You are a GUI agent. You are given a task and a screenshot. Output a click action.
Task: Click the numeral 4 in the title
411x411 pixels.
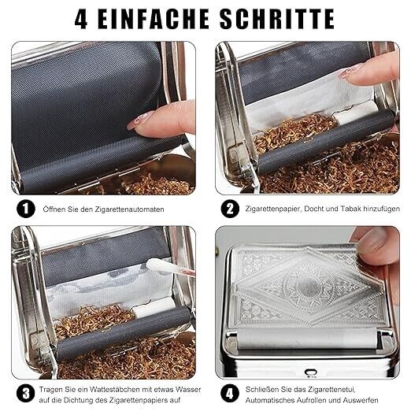[x=81, y=19]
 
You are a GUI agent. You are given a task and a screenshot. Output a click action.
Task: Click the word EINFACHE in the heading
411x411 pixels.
[x=154, y=19]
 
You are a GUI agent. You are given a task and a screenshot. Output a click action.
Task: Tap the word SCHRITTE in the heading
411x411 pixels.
[x=277, y=19]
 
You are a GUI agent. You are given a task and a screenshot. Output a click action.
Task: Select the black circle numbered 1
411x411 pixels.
[x=26, y=209]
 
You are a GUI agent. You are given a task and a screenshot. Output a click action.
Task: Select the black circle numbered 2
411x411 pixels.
[x=230, y=209]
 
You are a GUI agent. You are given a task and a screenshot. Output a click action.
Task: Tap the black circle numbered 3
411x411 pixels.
[x=26, y=394]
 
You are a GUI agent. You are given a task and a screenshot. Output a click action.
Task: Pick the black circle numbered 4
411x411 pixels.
[x=230, y=394]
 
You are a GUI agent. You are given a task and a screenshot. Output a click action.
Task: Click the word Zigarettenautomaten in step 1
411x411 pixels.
[x=130, y=209]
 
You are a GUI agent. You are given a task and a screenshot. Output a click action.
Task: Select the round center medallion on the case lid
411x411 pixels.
[x=309, y=285]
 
